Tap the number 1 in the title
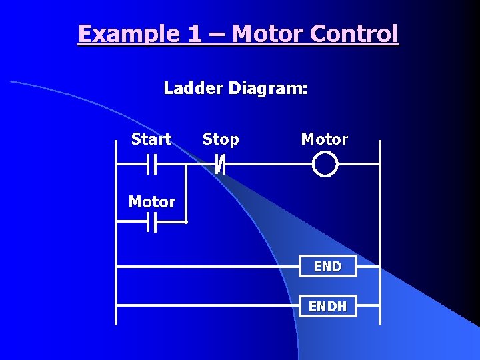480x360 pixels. pyautogui.click(x=195, y=33)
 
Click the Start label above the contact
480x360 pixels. pyautogui.click(x=151, y=139)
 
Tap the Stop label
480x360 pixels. pyautogui.click(x=221, y=139)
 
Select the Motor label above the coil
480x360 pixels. pyautogui.click(x=325, y=139)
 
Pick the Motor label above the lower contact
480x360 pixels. pyautogui.click(x=152, y=202)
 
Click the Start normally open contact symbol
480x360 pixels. pyautogui.click(x=151, y=163)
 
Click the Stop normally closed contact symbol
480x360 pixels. pyautogui.click(x=221, y=163)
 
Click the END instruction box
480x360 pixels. pyautogui.click(x=327, y=267)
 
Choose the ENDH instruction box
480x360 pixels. pyautogui.click(x=327, y=307)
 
